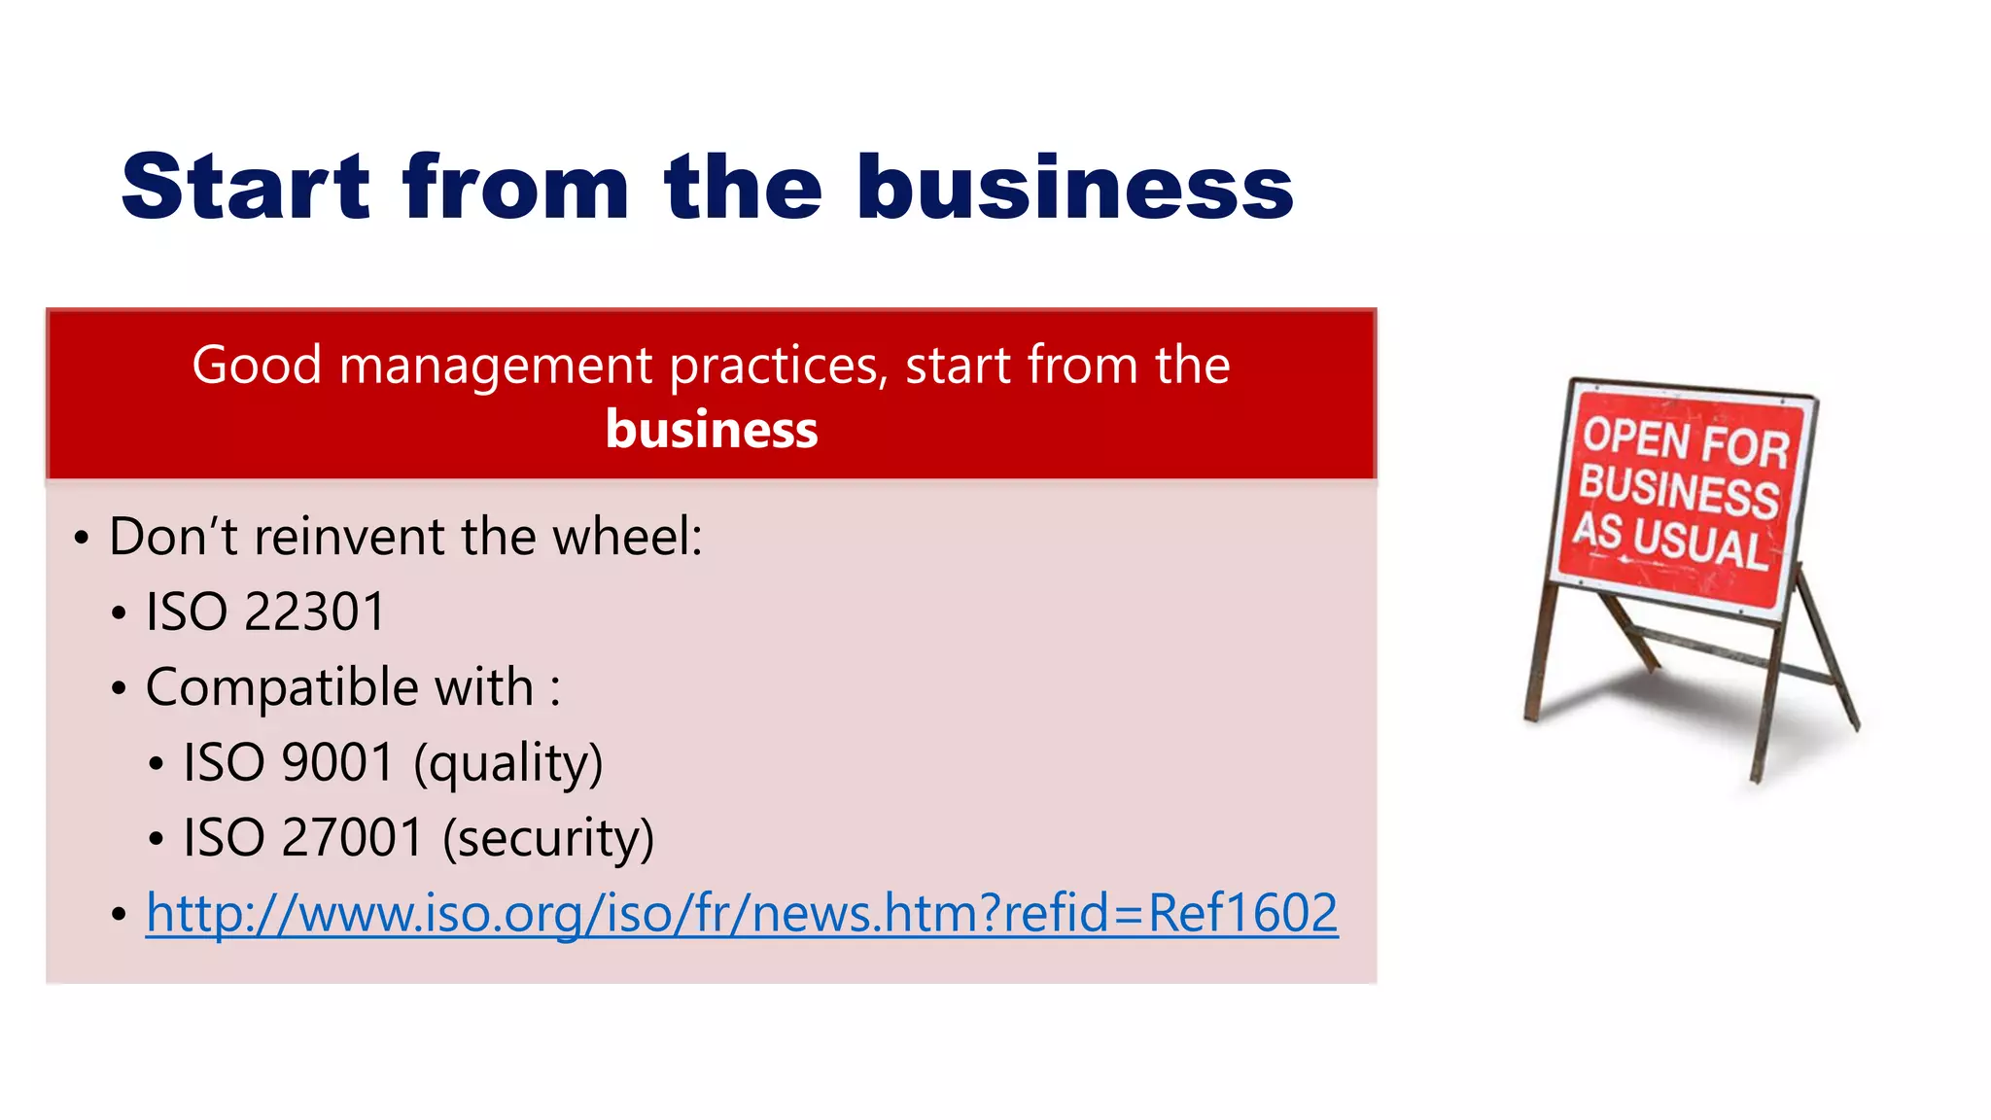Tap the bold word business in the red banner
pyautogui.click(x=712, y=430)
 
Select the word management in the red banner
pyautogui.click(x=496, y=367)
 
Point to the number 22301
pyautogui.click(x=314, y=612)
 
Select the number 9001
pyautogui.click(x=336, y=762)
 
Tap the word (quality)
pyautogui.click(x=507, y=764)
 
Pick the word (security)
pyautogui.click(x=548, y=839)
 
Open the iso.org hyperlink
pyautogui.click(x=742, y=914)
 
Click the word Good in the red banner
pyautogui.click(x=257, y=367)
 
